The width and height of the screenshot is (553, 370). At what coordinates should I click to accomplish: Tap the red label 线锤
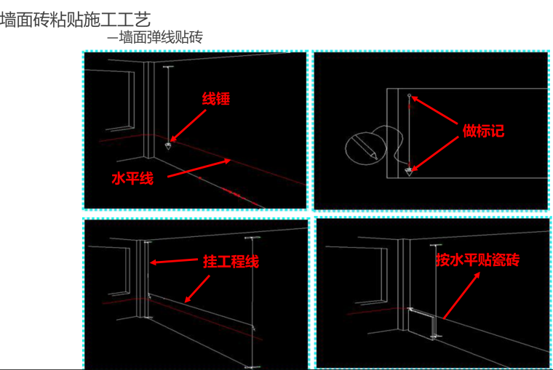pos(215,99)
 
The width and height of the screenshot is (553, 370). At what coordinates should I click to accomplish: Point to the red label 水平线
pos(132,178)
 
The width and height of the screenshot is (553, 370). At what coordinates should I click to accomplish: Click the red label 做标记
pos(483,131)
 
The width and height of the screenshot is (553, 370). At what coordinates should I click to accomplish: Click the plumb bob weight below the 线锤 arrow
pos(169,145)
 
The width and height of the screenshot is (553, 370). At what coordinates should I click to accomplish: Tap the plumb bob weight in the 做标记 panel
pos(409,172)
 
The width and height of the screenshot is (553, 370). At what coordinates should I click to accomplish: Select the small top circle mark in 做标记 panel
pos(409,95)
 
